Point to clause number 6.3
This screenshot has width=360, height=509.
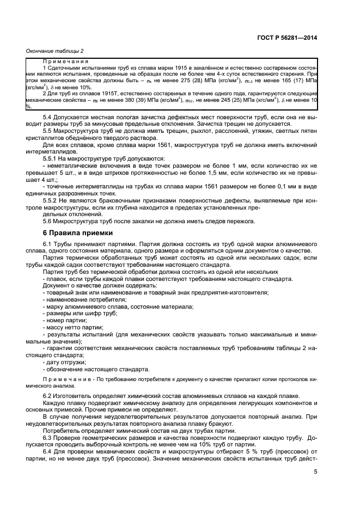[48, 437]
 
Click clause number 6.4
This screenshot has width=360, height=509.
[48, 451]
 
